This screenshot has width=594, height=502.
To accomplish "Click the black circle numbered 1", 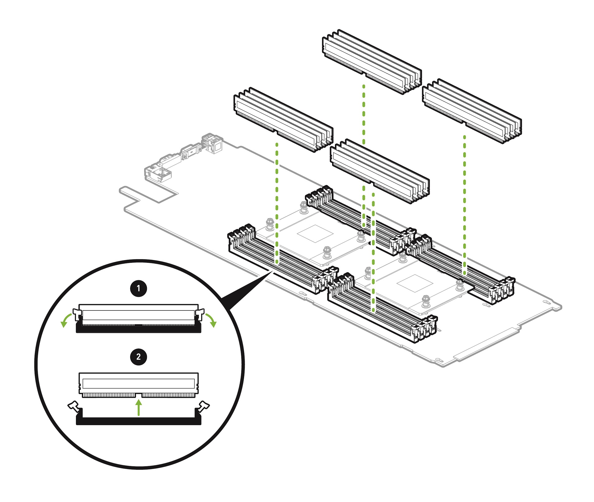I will click(139, 289).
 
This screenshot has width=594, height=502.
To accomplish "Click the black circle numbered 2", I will click(139, 357).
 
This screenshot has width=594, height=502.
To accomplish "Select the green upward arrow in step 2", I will click(139, 408).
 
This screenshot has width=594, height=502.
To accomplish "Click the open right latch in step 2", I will click(204, 406).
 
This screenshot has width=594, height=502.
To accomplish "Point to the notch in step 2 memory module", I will click(139, 395).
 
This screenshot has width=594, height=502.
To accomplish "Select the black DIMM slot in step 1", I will click(139, 329).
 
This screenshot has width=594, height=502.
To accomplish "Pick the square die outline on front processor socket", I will click(415, 283).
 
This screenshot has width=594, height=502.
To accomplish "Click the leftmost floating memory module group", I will click(283, 120).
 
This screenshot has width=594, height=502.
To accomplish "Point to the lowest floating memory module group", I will click(379, 171).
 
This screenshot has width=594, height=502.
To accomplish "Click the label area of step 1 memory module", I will click(139, 315).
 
